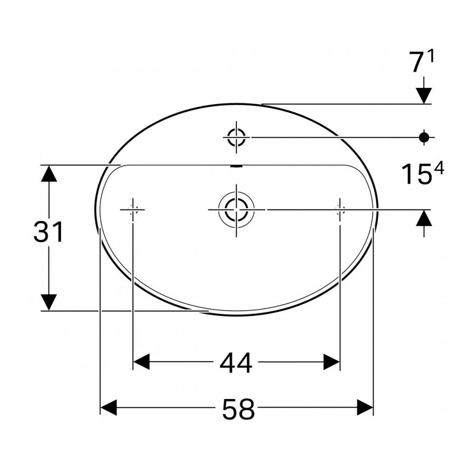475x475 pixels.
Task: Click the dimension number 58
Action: [x=238, y=409]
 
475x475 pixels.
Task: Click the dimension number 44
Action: [x=236, y=362]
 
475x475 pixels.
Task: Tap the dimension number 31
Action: [x=48, y=232]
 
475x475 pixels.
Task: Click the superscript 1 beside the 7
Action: [x=431, y=57]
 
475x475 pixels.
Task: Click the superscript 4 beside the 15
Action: [x=439, y=168]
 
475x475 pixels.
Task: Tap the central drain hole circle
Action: [x=236, y=209]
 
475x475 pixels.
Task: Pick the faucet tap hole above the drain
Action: [x=236, y=137]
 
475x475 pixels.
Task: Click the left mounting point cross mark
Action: [x=133, y=209]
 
